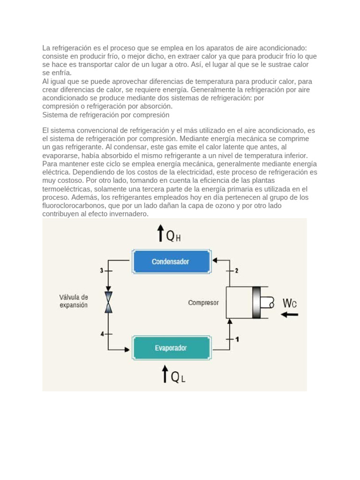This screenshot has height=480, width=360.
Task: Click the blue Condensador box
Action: (x=170, y=262)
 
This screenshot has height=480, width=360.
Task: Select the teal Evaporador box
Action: (x=171, y=348)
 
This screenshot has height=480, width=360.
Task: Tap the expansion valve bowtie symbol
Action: (x=109, y=302)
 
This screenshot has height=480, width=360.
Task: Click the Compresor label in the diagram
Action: (x=203, y=303)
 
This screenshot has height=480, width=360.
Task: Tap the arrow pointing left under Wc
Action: (x=289, y=315)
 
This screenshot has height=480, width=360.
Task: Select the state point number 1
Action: (x=237, y=339)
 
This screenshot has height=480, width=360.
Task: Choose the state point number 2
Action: (x=237, y=270)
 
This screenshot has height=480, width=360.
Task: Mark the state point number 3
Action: (x=101, y=270)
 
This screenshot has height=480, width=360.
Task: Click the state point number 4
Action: (x=102, y=334)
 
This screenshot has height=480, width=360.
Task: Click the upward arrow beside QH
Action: (x=160, y=232)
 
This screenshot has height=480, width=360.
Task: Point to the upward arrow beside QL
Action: (x=165, y=375)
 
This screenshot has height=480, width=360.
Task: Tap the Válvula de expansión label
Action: (x=74, y=301)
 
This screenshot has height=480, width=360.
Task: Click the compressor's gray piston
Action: (x=256, y=303)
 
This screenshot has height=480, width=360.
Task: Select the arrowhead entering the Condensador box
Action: (x=215, y=260)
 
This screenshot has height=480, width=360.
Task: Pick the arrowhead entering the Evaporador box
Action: (x=127, y=349)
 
